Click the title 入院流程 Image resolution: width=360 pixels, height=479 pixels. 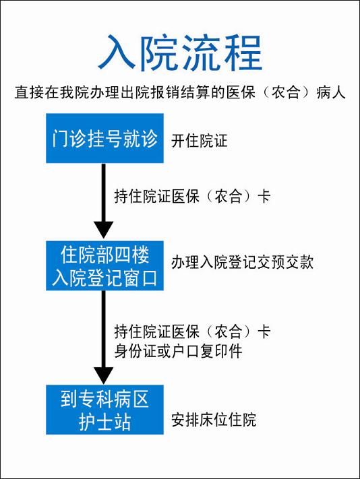click(180, 53)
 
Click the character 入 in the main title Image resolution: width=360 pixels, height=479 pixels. click(117, 53)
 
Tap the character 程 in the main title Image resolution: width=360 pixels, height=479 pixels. click(243, 53)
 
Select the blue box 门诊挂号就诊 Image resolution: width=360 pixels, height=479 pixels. click(104, 138)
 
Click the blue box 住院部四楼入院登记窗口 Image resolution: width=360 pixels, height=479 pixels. click(104, 265)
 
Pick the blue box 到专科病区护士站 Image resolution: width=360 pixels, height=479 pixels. click(104, 410)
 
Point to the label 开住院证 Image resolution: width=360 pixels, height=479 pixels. click(200, 141)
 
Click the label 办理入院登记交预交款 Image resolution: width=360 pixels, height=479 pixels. click(242, 263)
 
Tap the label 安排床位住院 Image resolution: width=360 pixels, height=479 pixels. click(214, 420)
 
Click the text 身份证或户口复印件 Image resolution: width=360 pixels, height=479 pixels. click(178, 351)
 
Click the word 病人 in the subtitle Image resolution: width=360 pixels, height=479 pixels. click(331, 92)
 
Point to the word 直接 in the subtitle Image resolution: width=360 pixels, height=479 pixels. click(29, 92)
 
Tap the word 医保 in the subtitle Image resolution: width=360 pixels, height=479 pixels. click(241, 92)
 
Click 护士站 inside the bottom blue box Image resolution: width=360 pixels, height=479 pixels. click(104, 422)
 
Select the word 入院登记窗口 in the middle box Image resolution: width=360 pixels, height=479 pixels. click(104, 278)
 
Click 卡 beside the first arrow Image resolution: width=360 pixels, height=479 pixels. click(264, 196)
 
